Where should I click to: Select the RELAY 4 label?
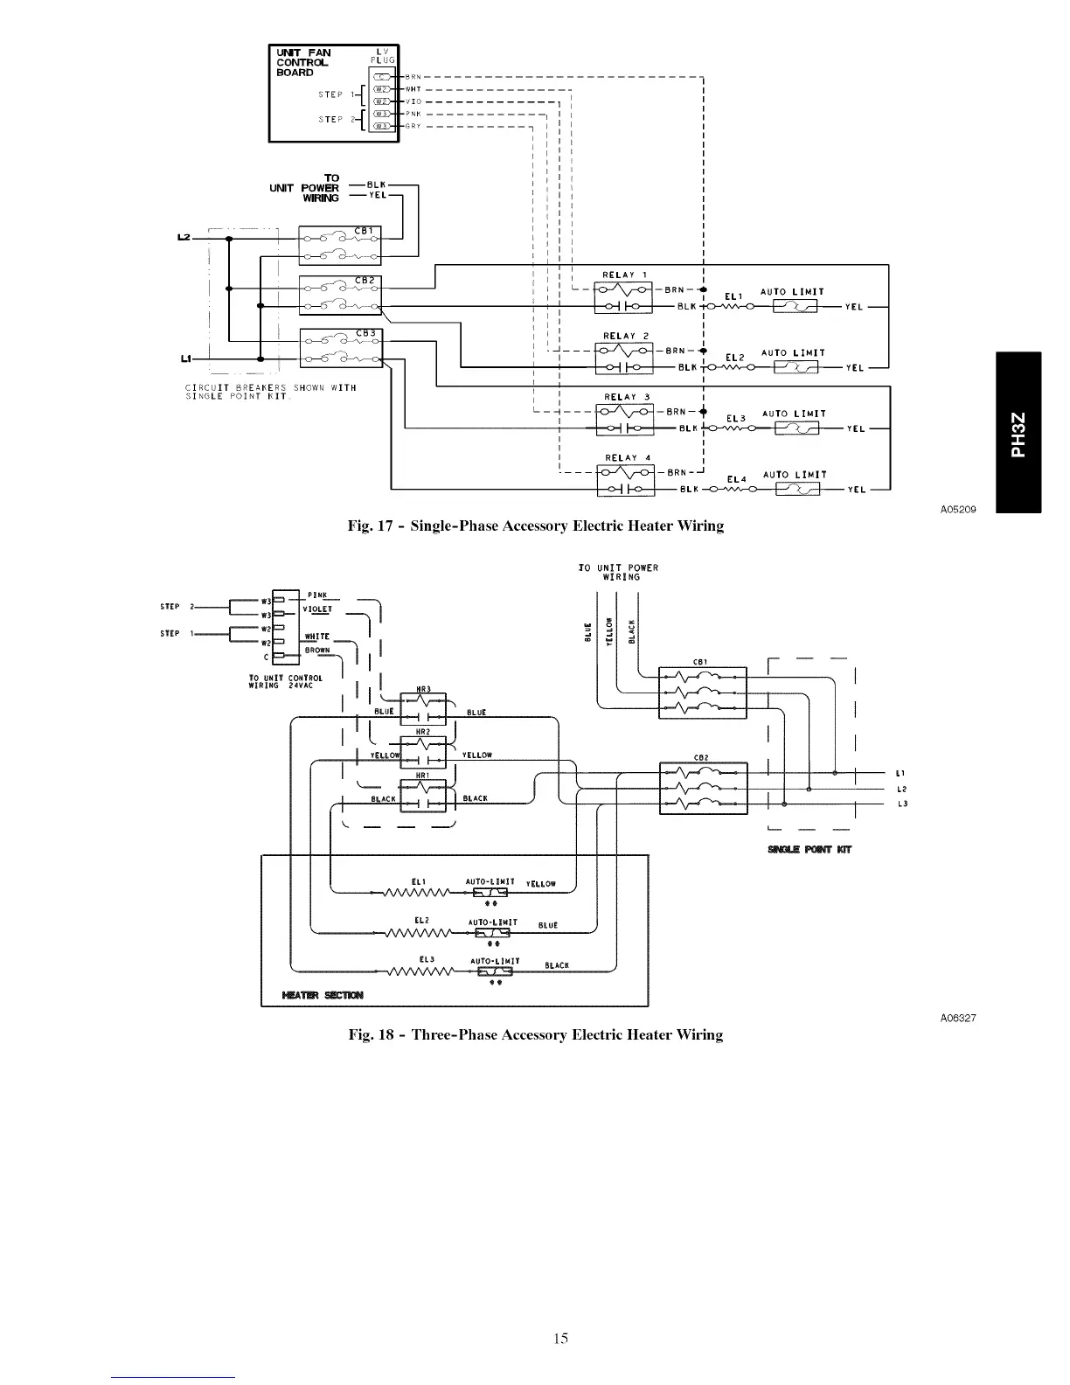[628, 457]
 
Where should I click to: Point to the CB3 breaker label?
[365, 333]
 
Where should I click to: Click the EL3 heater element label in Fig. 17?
[736, 419]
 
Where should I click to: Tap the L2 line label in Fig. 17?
[184, 238]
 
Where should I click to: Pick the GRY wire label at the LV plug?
[413, 126]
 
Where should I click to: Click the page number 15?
[560, 1337]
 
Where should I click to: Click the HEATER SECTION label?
[323, 995]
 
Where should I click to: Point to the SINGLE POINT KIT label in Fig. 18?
[809, 849]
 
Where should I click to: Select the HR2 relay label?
[422, 732]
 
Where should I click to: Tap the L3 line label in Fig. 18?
[900, 804]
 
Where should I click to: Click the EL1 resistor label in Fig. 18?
[417, 880]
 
